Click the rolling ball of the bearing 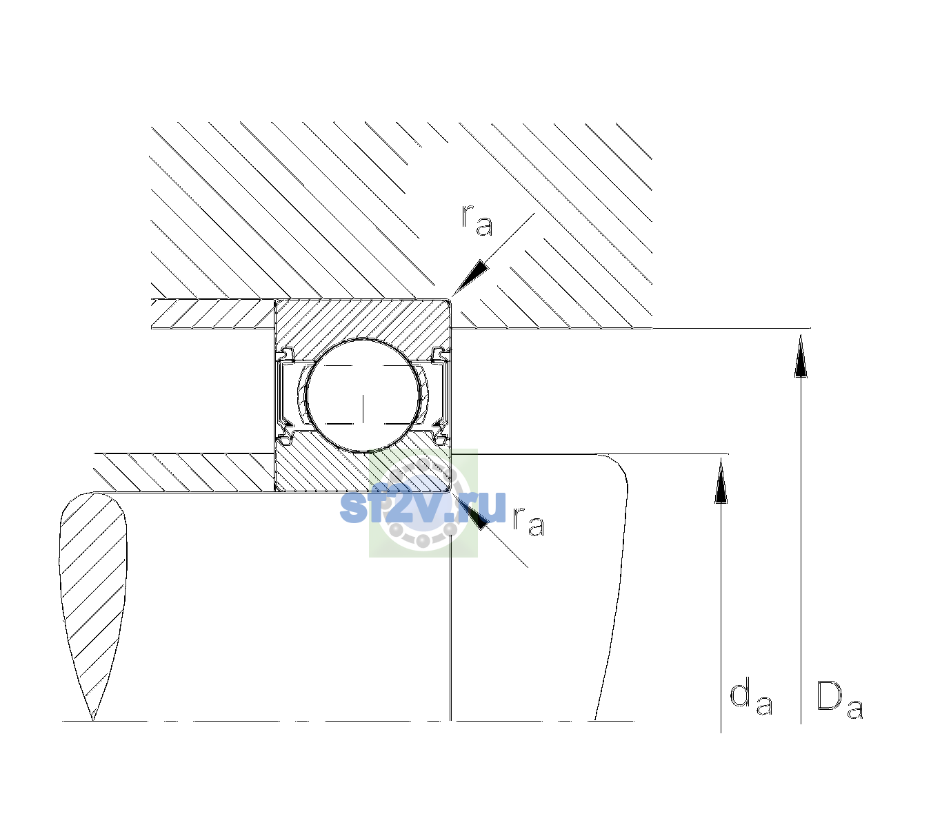[363, 396]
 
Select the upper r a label [477, 221]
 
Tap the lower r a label [528, 522]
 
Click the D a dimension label [839, 700]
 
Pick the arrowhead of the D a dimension [801, 356]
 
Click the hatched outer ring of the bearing [363, 318]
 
